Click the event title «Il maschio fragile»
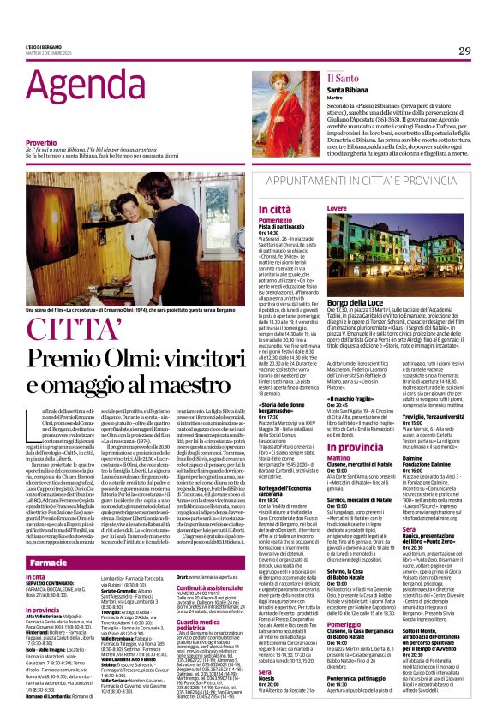click(x=351, y=399)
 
